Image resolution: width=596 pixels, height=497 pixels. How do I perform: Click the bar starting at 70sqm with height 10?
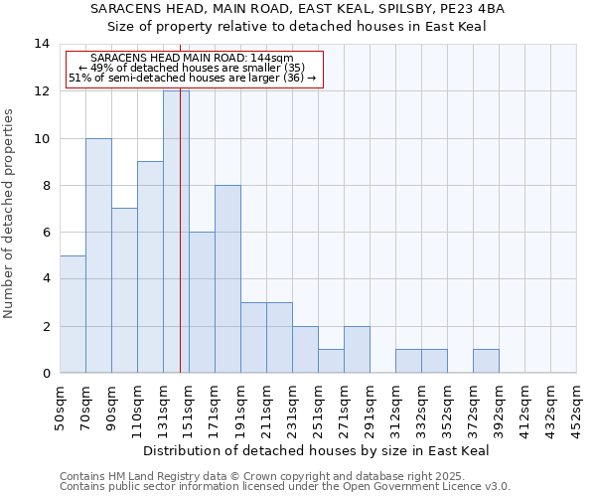98,255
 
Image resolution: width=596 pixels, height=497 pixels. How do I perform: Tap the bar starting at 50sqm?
73,314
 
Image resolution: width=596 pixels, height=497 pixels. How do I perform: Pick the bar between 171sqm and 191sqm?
227,279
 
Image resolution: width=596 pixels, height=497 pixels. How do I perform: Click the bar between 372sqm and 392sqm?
486,362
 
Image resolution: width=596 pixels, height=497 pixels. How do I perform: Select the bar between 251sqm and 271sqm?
331,362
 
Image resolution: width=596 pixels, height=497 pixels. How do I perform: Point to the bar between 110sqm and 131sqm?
150,267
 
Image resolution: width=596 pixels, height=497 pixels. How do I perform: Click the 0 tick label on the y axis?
45,374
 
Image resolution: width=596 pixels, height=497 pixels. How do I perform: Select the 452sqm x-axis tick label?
577,408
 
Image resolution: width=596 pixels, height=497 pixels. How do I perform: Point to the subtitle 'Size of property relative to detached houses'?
296,26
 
